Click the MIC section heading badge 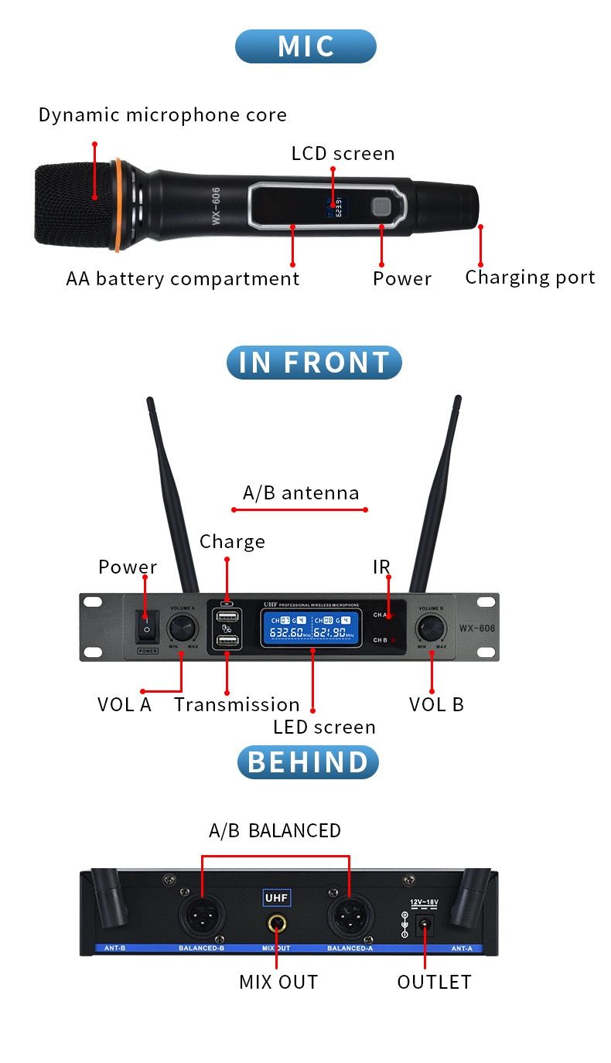305,46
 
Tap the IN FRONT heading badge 314,363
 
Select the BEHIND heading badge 308,761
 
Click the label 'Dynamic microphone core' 162,115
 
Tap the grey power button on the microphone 381,206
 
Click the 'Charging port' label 530,278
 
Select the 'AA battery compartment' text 183,278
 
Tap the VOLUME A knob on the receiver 183,626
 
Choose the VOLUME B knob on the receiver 431,626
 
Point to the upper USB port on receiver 227,617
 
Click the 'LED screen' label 324,727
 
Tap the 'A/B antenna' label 301,493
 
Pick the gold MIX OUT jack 276,923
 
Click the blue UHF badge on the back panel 277,898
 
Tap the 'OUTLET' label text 434,982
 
